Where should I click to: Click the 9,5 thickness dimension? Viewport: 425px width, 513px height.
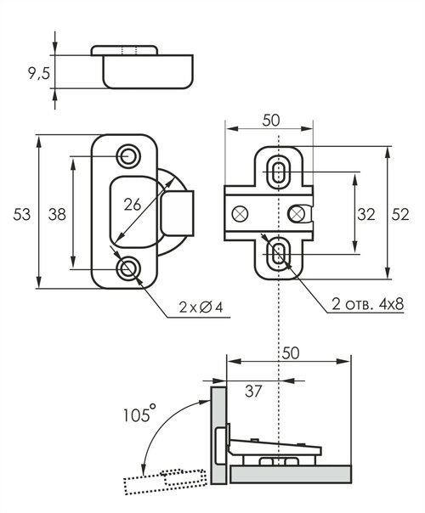pyautogui.click(x=38, y=74)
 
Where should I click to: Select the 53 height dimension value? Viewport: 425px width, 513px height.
pyautogui.click(x=21, y=215)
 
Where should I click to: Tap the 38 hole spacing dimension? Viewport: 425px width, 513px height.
pyautogui.click(x=57, y=215)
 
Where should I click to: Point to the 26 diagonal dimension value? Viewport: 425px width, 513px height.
pyautogui.click(x=133, y=206)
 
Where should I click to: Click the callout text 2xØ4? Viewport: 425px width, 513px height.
pyautogui.click(x=201, y=307)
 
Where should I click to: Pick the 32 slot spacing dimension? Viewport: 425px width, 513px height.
pyautogui.click(x=366, y=215)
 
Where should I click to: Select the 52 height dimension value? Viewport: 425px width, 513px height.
pyautogui.click(x=400, y=215)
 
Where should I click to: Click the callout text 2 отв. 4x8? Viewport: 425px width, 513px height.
pyautogui.click(x=368, y=304)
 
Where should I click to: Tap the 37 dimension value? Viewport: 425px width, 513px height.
pyautogui.click(x=253, y=391)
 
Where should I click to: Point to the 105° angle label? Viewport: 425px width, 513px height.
pyautogui.click(x=139, y=414)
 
